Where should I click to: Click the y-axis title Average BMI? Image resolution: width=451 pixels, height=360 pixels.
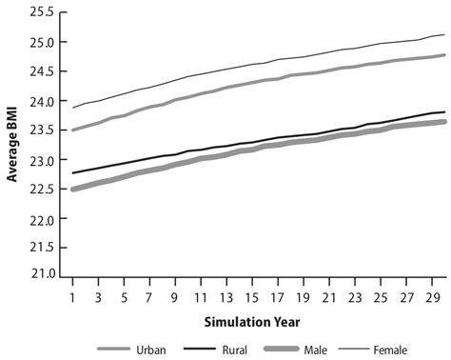pos(15,142)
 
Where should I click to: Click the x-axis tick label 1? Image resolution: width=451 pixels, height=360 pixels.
pos(73,292)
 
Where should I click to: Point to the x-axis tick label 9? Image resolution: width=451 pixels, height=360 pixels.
pos(175,292)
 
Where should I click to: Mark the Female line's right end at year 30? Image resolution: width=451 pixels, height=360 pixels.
pos(444,34)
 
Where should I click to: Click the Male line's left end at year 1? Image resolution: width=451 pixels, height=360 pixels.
pos(73,189)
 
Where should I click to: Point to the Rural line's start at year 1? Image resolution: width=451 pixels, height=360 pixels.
pos(73,172)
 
